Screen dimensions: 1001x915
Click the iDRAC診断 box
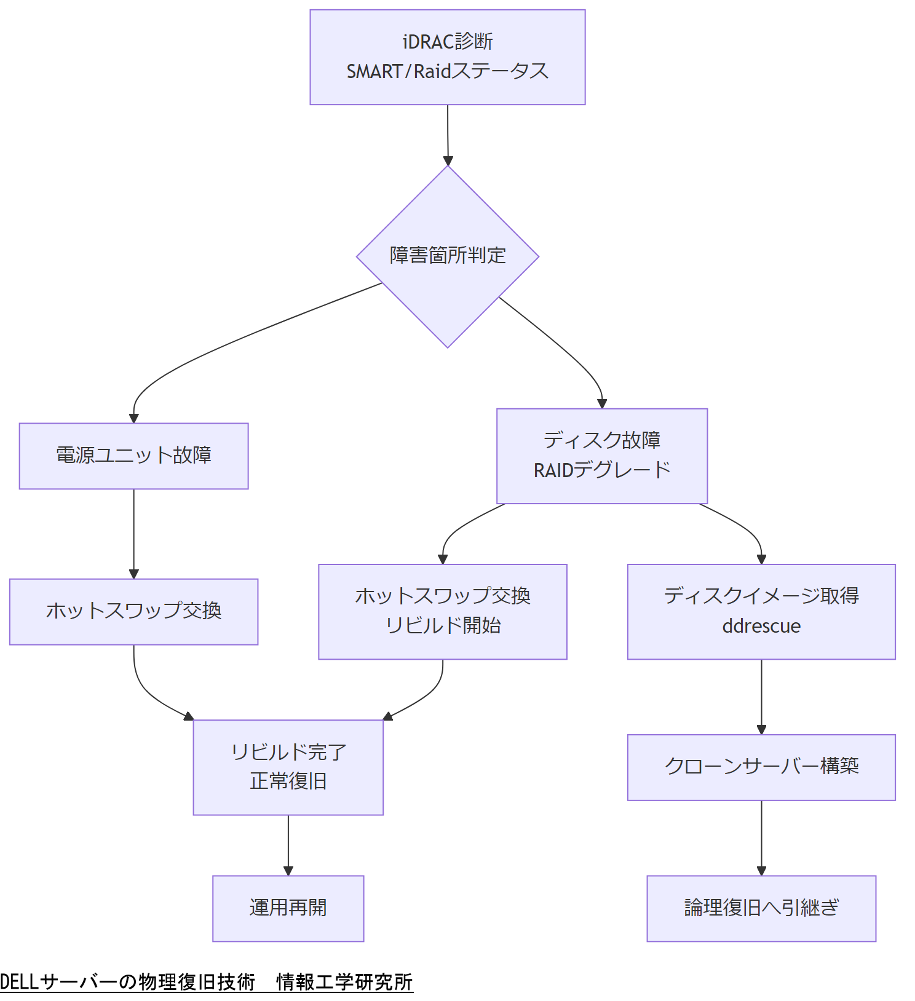pos(447,57)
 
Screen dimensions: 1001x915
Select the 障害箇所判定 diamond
pos(447,256)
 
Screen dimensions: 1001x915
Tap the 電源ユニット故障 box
pos(133,456)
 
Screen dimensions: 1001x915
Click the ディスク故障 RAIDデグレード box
pos(601,456)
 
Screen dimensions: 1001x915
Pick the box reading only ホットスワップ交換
pos(133,611)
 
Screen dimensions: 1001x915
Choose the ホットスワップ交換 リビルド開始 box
pos(442,611)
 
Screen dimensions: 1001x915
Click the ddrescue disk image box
pos(761,611)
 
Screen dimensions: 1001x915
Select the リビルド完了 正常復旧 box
pos(288,767)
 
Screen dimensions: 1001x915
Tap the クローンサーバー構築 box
pos(761,767)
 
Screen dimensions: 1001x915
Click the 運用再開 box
pos(288,908)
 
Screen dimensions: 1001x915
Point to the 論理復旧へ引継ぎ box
pos(761,908)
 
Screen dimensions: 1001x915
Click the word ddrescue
pos(761,626)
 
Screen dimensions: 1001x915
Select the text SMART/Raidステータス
pos(447,71)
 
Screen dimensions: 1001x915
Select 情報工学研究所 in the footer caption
pos(344,982)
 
